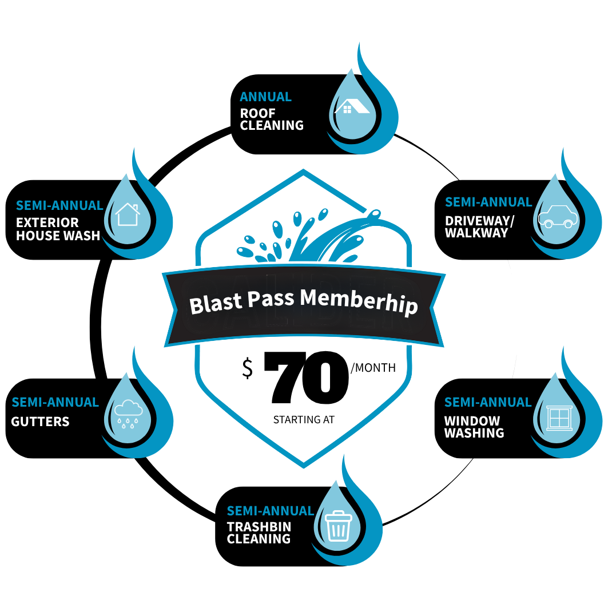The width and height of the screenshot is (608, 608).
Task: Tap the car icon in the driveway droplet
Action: tap(558, 217)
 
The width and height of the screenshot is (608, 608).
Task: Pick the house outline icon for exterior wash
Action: tap(127, 214)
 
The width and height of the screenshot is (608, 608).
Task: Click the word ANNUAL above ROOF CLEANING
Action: tap(265, 97)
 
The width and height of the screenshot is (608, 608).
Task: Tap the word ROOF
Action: tap(257, 113)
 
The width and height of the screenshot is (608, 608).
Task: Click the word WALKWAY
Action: tap(476, 233)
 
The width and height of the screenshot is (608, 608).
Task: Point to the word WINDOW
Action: tap(472, 421)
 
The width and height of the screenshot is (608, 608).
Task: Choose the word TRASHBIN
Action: tap(259, 527)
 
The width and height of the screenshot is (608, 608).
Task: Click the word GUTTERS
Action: tap(40, 422)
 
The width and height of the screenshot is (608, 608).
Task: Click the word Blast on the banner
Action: tap(214, 303)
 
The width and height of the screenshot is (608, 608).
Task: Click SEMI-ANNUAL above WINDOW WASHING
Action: tap(487, 403)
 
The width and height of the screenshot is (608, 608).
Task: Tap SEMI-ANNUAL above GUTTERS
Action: tap(55, 403)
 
